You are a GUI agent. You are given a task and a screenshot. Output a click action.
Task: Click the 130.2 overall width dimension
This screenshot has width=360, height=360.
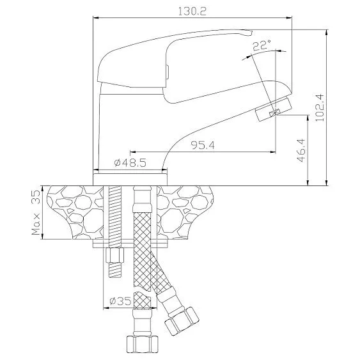click(x=192, y=12)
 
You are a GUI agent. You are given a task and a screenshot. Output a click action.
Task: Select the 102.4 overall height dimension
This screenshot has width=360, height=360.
click(x=320, y=107)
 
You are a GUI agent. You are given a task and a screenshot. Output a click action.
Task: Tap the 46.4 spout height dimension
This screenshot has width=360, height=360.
click(x=301, y=150)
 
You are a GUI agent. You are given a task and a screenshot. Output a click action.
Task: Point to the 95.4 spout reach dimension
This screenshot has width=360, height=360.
click(x=203, y=145)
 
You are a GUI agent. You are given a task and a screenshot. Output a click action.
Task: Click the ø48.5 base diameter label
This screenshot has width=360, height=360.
click(x=130, y=163)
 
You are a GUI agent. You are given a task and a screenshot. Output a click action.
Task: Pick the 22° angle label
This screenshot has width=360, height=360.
click(x=262, y=45)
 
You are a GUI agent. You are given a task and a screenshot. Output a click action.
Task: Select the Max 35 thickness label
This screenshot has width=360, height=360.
click(x=36, y=213)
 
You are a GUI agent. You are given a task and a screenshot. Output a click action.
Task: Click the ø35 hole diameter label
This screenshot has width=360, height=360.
click(x=120, y=301)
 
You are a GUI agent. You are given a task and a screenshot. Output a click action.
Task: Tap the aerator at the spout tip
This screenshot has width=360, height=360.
click(x=273, y=109)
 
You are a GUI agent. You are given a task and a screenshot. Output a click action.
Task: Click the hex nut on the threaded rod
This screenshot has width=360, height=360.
click(x=115, y=255)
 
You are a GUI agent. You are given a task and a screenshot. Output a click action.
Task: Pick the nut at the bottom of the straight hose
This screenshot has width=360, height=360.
click(x=143, y=344)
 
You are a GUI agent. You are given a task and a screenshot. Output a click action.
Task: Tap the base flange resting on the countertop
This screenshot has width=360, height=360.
click(x=130, y=179)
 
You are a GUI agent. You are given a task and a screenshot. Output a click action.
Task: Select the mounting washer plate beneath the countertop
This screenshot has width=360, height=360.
click(x=130, y=244)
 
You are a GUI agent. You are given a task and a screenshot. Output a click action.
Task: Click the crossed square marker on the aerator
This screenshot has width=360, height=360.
click(x=276, y=113)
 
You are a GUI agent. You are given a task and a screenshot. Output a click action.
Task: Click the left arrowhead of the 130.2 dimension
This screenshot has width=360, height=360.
click(x=95, y=17)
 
